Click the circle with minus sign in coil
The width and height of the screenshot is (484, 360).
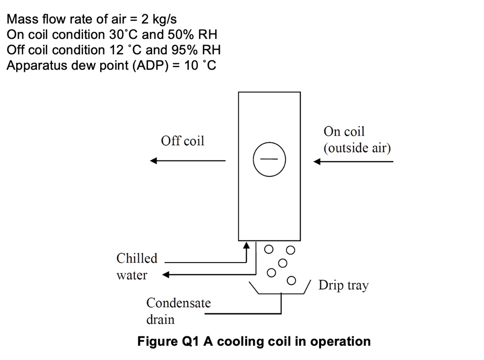(x=269, y=159)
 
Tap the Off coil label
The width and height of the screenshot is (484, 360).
(x=182, y=140)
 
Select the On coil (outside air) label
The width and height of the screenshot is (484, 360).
(x=357, y=140)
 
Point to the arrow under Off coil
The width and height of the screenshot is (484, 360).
(x=188, y=161)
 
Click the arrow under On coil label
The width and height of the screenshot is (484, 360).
(x=354, y=161)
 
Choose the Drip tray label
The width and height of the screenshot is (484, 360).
(x=343, y=285)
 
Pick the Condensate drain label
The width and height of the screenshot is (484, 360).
(x=178, y=311)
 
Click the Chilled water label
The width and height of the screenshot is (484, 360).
(x=137, y=266)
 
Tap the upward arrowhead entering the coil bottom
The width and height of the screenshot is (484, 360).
(x=247, y=246)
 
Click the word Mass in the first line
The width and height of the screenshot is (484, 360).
(x=22, y=19)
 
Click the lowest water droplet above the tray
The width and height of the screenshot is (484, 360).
(x=291, y=280)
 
